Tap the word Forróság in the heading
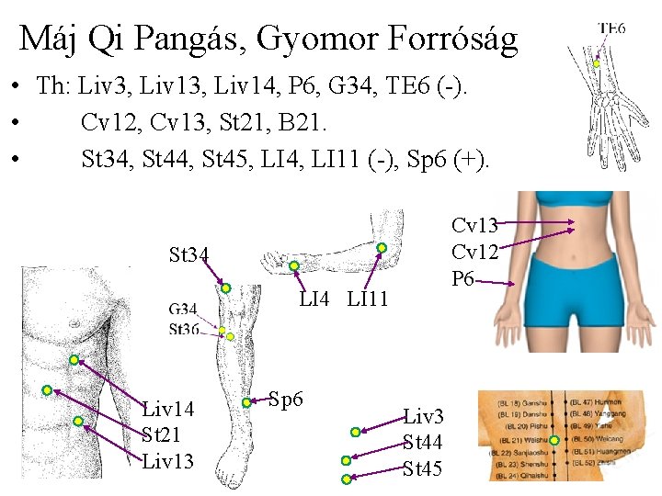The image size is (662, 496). [445, 39]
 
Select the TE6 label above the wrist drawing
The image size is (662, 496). [611, 28]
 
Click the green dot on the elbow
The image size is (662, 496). [382, 247]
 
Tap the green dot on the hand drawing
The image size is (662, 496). [295, 266]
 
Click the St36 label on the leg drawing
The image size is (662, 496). [184, 329]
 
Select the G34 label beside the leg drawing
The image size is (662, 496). [184, 310]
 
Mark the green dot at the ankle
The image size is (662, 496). [246, 401]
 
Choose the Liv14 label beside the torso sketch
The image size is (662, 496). [168, 408]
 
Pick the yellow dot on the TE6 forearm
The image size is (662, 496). [596, 63]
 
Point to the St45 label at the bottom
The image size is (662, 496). [423, 469]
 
